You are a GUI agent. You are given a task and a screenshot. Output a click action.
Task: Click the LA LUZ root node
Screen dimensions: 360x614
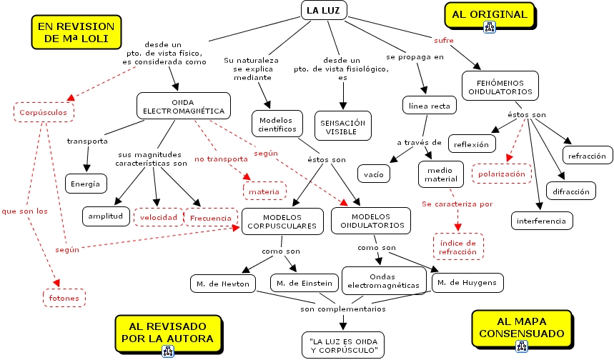tap(323, 10)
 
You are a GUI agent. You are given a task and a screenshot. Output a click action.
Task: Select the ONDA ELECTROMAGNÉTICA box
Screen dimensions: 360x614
tap(184, 106)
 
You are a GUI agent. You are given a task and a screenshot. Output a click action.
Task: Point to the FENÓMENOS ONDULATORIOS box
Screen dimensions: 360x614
tap(500, 86)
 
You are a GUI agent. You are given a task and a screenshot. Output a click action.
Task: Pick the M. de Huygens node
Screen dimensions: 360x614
tap(468, 283)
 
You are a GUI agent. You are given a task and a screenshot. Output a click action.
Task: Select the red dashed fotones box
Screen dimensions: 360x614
tap(64, 297)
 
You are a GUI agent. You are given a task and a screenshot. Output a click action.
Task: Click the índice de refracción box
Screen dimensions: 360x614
tap(458, 246)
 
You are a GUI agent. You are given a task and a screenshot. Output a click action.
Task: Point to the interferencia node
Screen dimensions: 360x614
tap(543, 221)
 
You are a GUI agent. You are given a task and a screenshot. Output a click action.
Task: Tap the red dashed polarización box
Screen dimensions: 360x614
tap(501, 174)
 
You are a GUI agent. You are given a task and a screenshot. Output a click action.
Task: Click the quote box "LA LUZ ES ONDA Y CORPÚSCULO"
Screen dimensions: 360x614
tap(342, 344)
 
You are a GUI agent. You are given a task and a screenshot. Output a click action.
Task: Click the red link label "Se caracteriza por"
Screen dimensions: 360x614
tap(457, 204)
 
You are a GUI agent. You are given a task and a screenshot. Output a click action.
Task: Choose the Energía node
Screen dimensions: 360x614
tap(86, 184)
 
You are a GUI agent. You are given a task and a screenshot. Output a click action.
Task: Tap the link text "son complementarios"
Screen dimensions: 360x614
tap(343, 309)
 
